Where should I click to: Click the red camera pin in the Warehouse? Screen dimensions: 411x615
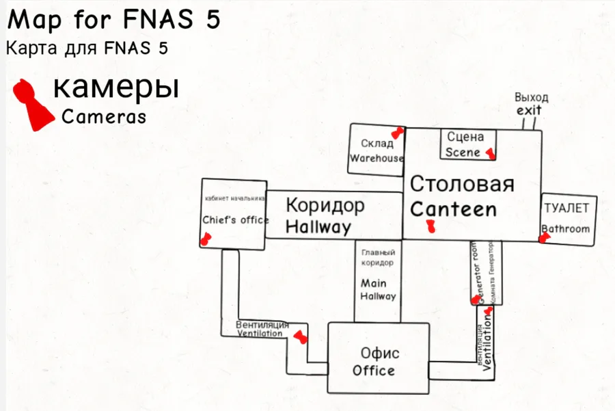point(396,133)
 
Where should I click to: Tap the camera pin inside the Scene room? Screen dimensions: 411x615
point(489,153)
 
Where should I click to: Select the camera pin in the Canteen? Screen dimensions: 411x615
point(430,226)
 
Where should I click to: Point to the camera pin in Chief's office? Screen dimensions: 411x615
point(204,239)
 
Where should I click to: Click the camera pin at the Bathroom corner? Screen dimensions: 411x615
point(545,238)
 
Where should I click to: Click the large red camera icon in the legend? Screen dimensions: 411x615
point(32,103)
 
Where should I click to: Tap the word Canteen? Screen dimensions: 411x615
point(453,209)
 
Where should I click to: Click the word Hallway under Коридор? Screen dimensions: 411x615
point(318,227)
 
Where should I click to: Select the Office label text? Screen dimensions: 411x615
point(373,371)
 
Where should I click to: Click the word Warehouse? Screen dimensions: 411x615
point(377,158)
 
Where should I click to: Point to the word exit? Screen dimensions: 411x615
point(528,110)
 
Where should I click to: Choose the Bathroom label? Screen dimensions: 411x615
point(565,228)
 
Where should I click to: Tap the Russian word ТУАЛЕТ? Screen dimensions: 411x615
point(566,207)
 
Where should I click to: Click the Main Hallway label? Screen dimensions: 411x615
point(378,290)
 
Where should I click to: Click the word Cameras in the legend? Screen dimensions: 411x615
point(104,117)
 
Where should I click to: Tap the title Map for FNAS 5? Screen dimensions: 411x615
point(113,20)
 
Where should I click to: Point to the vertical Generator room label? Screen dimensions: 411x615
point(476,273)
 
